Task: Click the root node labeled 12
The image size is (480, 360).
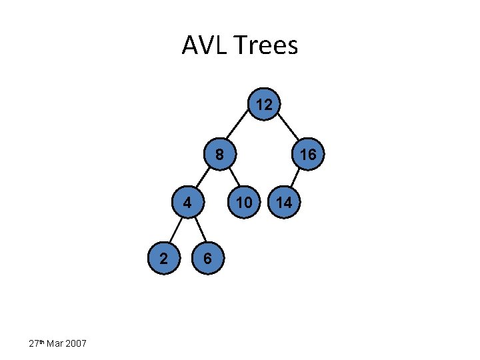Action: point(264,105)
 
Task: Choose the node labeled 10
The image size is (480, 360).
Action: point(245,202)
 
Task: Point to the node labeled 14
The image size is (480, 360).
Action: point(284,202)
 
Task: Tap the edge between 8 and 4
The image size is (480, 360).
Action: point(203,179)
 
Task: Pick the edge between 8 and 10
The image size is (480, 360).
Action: point(231,179)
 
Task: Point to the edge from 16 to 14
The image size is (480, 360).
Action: point(296,179)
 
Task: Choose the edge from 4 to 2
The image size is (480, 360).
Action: point(176,230)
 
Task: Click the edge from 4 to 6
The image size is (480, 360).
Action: point(197,230)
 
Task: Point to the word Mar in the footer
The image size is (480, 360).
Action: point(55,344)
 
